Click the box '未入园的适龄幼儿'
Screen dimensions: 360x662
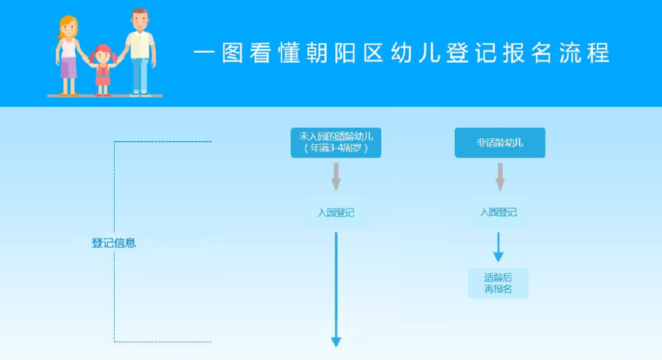(x=336, y=142)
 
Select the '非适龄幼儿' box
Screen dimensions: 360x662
(x=500, y=142)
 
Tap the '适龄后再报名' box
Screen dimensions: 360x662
(x=498, y=283)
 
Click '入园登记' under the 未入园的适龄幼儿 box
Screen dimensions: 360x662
(x=336, y=213)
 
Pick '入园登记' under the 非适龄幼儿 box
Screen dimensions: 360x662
(x=498, y=212)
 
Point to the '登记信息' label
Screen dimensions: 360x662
(x=114, y=243)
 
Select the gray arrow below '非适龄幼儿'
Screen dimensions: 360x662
(x=500, y=177)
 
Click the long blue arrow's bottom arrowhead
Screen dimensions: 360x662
(x=336, y=342)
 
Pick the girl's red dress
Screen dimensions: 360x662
(x=103, y=76)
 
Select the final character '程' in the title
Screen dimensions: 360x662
(x=598, y=53)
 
